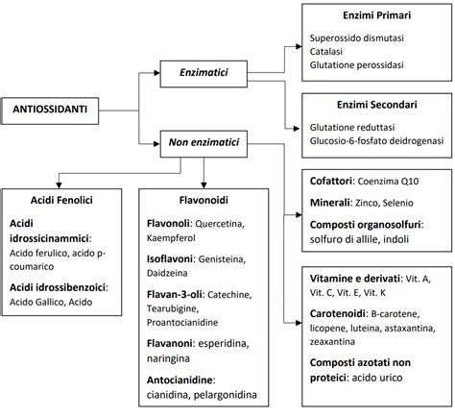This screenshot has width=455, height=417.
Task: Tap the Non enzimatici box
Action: click(x=204, y=143)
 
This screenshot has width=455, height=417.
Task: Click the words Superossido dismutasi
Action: click(x=353, y=37)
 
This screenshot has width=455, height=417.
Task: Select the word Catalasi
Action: click(x=327, y=51)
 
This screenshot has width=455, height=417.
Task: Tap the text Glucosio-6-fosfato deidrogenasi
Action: click(x=371, y=138)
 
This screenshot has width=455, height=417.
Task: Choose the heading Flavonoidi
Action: click(x=204, y=202)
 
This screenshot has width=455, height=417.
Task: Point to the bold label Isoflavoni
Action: click(x=171, y=258)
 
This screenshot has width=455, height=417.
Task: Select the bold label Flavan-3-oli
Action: click(x=174, y=295)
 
